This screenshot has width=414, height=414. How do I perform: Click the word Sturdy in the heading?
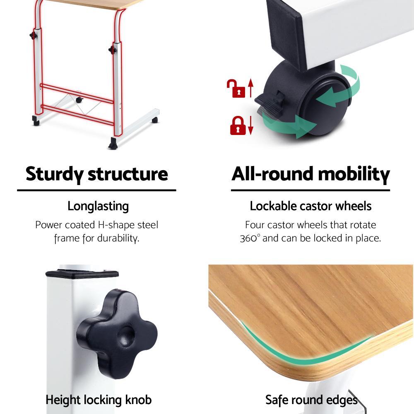[54, 174]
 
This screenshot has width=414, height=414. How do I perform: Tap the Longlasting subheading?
[98, 206]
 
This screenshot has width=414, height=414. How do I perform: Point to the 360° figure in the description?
[250, 238]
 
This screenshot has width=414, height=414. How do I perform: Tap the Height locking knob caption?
[99, 400]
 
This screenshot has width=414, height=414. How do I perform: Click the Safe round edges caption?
[311, 400]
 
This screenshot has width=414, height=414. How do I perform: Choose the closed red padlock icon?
[238, 126]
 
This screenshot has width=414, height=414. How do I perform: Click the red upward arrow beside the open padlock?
[250, 88]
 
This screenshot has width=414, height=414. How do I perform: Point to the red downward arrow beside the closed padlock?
[250, 125]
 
